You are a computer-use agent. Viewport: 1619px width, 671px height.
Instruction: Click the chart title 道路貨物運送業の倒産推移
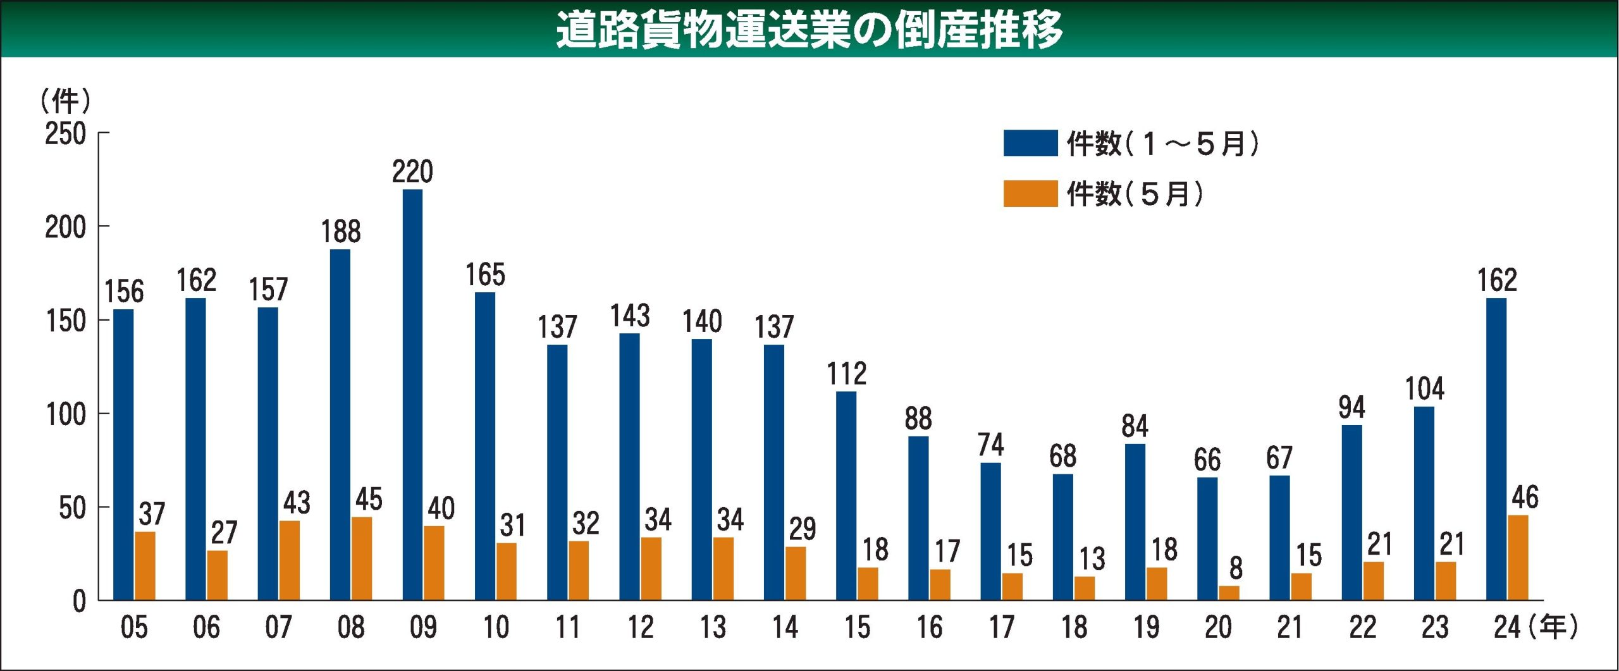(809, 29)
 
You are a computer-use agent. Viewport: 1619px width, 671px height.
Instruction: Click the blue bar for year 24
(1496, 449)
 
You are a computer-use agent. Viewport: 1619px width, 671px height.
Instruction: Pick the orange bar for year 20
(1229, 593)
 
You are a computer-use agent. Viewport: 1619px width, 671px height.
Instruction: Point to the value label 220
(412, 172)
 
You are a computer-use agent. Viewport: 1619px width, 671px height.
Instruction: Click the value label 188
(341, 231)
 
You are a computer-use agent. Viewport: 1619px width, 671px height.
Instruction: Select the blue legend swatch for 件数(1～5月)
(1030, 143)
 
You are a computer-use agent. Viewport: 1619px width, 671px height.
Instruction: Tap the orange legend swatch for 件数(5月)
(1030, 194)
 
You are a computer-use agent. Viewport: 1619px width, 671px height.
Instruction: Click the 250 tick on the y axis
(65, 134)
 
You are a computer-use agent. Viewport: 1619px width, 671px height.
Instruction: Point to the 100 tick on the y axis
(66, 415)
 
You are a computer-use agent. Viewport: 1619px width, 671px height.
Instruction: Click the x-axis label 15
(857, 627)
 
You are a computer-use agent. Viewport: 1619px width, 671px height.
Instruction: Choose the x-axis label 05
(134, 627)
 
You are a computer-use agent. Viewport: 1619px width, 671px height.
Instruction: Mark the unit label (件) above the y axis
(66, 101)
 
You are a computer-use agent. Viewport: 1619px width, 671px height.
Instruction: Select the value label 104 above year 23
(1424, 389)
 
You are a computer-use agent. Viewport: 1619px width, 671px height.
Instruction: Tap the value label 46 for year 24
(1525, 498)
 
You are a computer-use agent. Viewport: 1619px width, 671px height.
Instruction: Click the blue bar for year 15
(846, 496)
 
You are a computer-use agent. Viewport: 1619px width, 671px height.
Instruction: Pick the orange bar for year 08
(362, 558)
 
